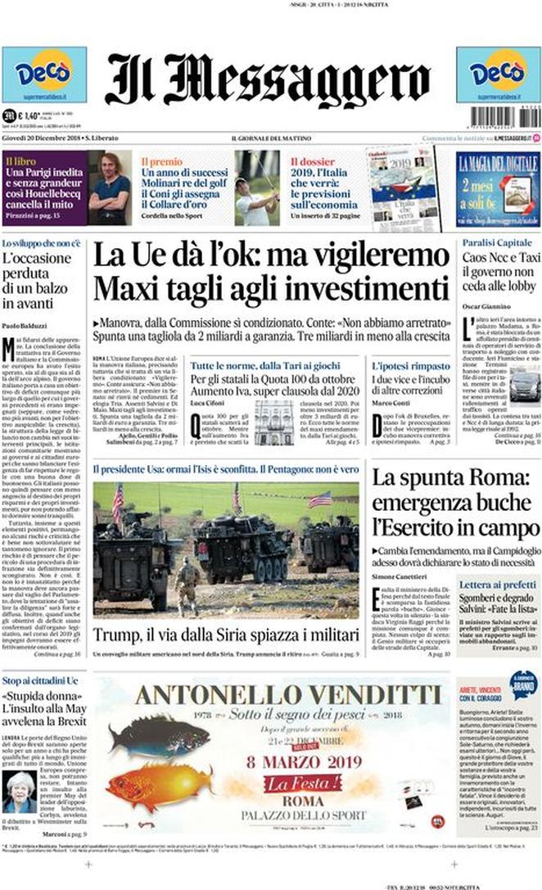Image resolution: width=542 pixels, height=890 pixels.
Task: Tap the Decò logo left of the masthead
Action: [44, 74]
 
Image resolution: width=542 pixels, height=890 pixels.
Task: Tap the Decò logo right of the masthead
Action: [498, 74]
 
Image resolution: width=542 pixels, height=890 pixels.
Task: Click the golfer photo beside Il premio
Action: [256, 187]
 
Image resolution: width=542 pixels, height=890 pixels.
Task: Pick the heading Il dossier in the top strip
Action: [312, 162]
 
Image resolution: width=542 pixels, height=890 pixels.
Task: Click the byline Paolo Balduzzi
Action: [25, 327]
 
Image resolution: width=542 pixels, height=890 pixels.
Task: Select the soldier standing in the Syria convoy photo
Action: [187, 585]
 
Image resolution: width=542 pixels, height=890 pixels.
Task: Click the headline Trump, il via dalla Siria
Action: [225, 635]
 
